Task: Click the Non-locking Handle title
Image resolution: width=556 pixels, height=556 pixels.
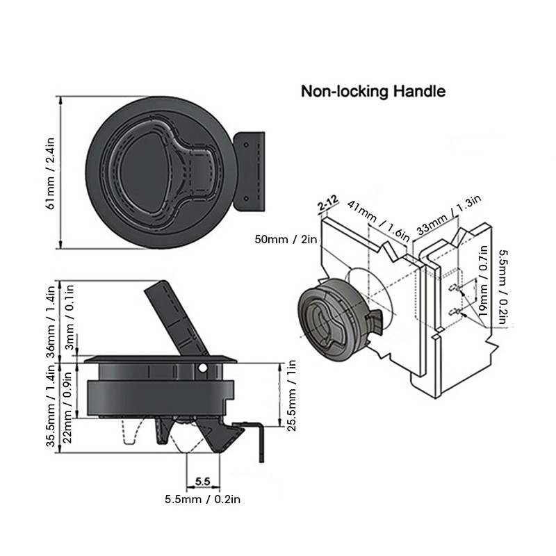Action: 373,91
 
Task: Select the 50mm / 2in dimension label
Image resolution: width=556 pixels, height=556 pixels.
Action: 286,239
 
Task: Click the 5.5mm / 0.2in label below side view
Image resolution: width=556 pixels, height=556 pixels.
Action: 202,498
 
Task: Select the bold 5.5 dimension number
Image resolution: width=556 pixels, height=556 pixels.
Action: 203,480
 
